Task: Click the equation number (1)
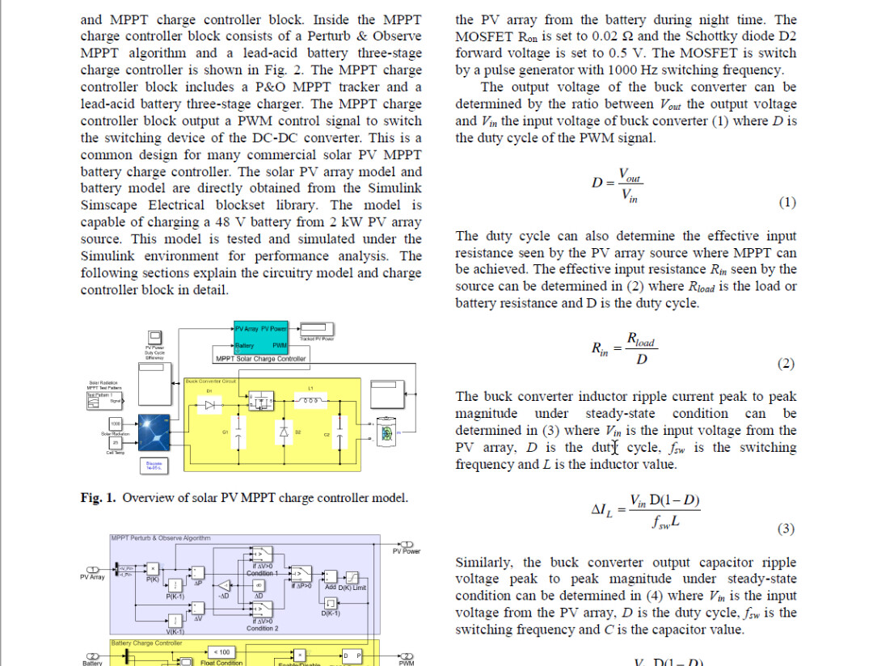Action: tap(787, 203)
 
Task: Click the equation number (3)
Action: tap(786, 529)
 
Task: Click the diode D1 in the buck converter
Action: tap(211, 405)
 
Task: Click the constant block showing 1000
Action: tap(115, 424)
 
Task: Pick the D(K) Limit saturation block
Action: tap(353, 575)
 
